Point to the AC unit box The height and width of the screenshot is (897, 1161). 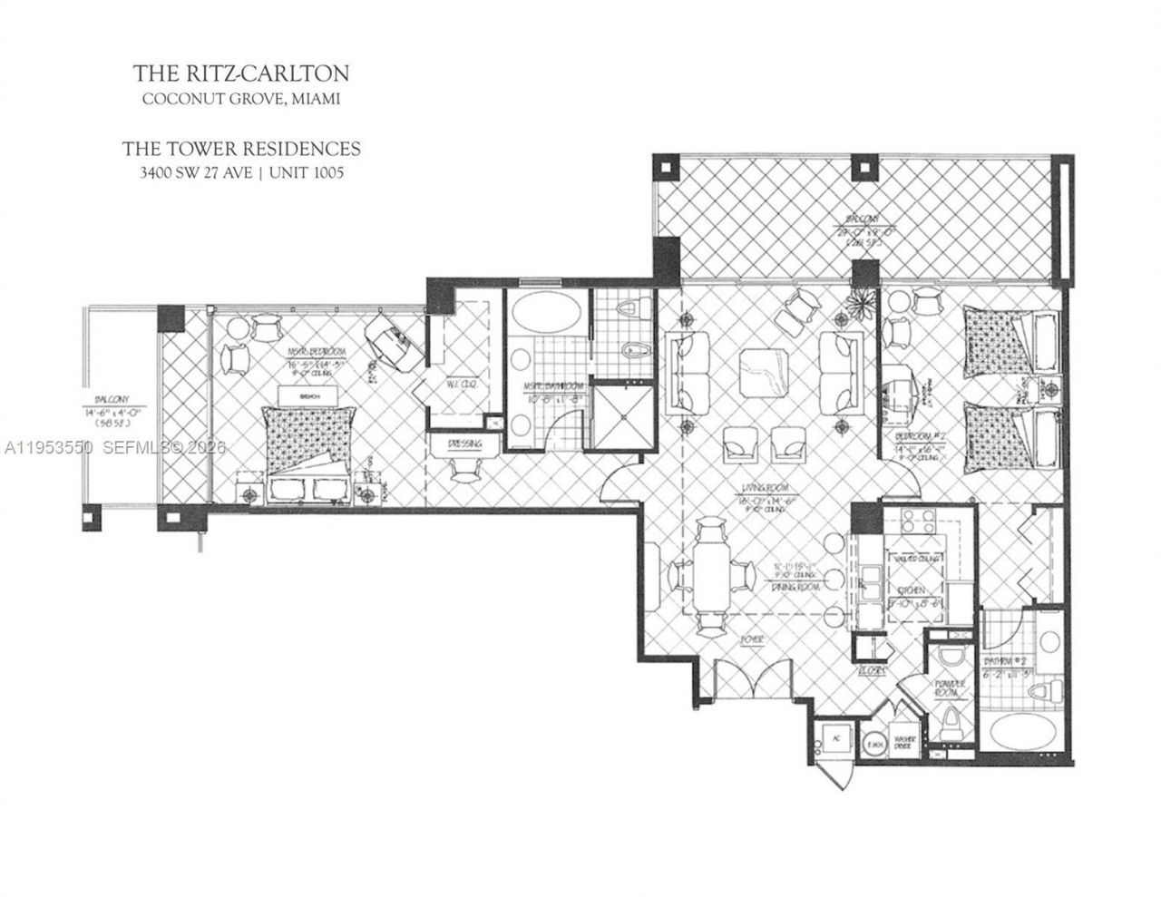(x=834, y=739)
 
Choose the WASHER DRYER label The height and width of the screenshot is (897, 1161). (x=904, y=742)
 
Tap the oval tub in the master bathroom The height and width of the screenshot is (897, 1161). (x=545, y=318)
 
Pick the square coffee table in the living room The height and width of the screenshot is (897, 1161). (x=764, y=373)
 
